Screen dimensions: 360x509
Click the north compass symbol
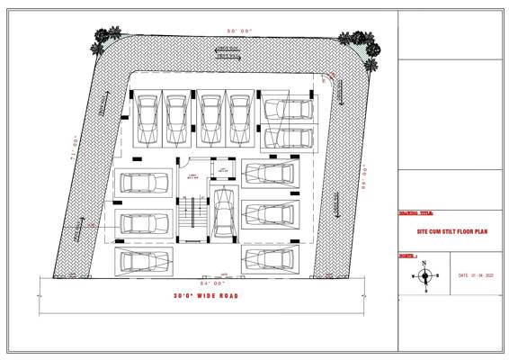(425, 275)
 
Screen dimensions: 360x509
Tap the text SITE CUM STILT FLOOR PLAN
(451, 230)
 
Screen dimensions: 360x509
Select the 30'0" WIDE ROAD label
(205, 295)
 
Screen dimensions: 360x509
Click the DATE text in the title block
(476, 275)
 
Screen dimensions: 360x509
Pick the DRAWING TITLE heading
(415, 213)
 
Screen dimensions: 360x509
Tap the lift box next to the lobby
(221, 168)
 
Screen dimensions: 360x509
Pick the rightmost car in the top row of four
(239, 116)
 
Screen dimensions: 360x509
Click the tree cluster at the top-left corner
(106, 39)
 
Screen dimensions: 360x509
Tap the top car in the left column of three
(144, 183)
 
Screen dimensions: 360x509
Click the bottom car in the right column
(270, 258)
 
